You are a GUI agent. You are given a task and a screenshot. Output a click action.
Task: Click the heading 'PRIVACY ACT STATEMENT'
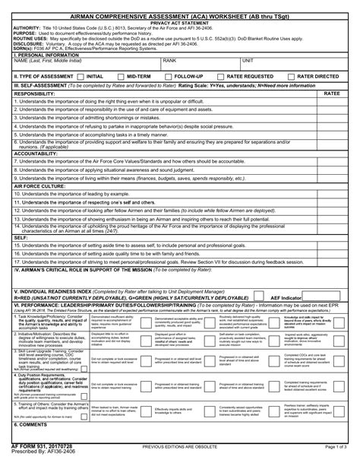[179, 24]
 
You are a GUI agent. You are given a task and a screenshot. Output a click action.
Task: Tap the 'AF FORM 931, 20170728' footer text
[38, 453]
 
